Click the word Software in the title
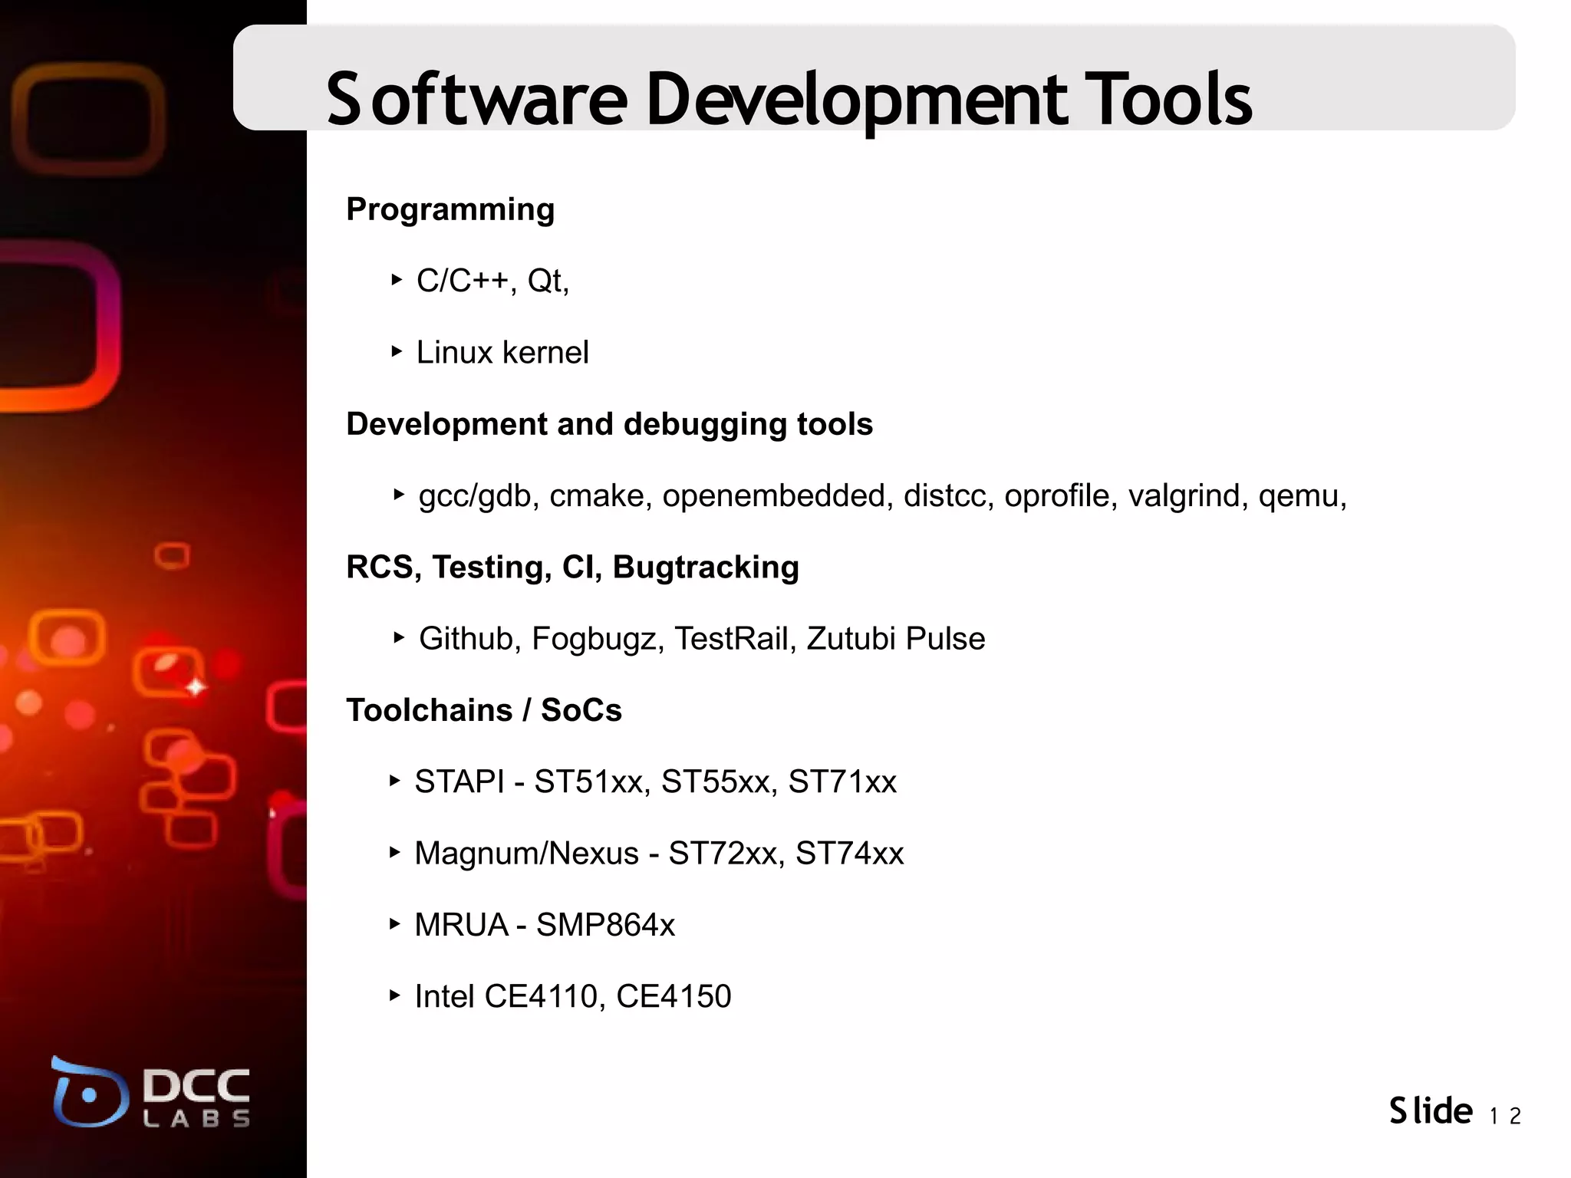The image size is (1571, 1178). (x=476, y=99)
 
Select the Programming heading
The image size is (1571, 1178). (x=450, y=209)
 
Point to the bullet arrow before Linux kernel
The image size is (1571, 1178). (x=396, y=352)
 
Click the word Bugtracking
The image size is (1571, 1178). (x=706, y=568)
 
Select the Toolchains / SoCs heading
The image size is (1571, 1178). (x=483, y=710)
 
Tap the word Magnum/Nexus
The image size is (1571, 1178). (x=526, y=854)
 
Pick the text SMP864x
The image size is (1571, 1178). (x=605, y=925)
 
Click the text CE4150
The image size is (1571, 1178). (x=674, y=996)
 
